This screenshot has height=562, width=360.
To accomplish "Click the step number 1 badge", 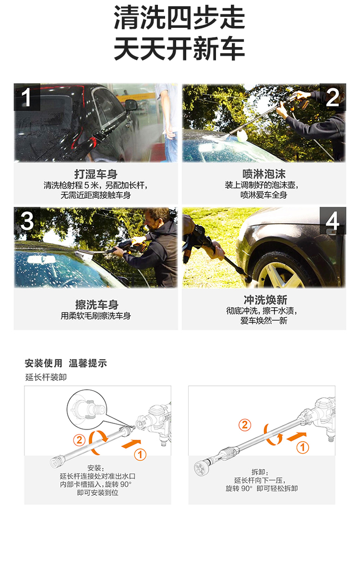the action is pyautogui.click(x=27, y=97).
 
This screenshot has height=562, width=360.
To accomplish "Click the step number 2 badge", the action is pyautogui.click(x=333, y=97).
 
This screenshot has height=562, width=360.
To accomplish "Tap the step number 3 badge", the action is pyautogui.click(x=27, y=220).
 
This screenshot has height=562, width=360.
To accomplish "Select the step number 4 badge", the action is pyautogui.click(x=333, y=220).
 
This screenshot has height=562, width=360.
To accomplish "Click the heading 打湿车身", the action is pyautogui.click(x=96, y=174).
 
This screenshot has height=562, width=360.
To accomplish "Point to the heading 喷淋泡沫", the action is pyautogui.click(x=264, y=174).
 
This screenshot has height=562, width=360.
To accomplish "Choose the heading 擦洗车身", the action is pyautogui.click(x=96, y=305).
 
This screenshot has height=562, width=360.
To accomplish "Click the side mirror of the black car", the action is pyautogui.click(x=131, y=106).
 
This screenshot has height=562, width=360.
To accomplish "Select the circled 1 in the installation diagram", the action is pyautogui.click(x=140, y=455).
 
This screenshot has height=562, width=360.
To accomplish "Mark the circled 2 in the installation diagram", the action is pyautogui.click(x=79, y=440).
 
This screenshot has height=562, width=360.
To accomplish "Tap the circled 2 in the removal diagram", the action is pyautogui.click(x=244, y=425).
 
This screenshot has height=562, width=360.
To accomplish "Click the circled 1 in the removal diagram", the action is pyautogui.click(x=302, y=447).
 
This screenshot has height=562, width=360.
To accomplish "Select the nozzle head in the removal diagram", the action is pyautogui.click(x=201, y=467).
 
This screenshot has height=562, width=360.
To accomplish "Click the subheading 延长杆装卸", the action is pyautogui.click(x=46, y=377).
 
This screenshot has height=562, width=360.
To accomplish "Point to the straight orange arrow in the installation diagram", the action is pyautogui.click(x=131, y=443).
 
